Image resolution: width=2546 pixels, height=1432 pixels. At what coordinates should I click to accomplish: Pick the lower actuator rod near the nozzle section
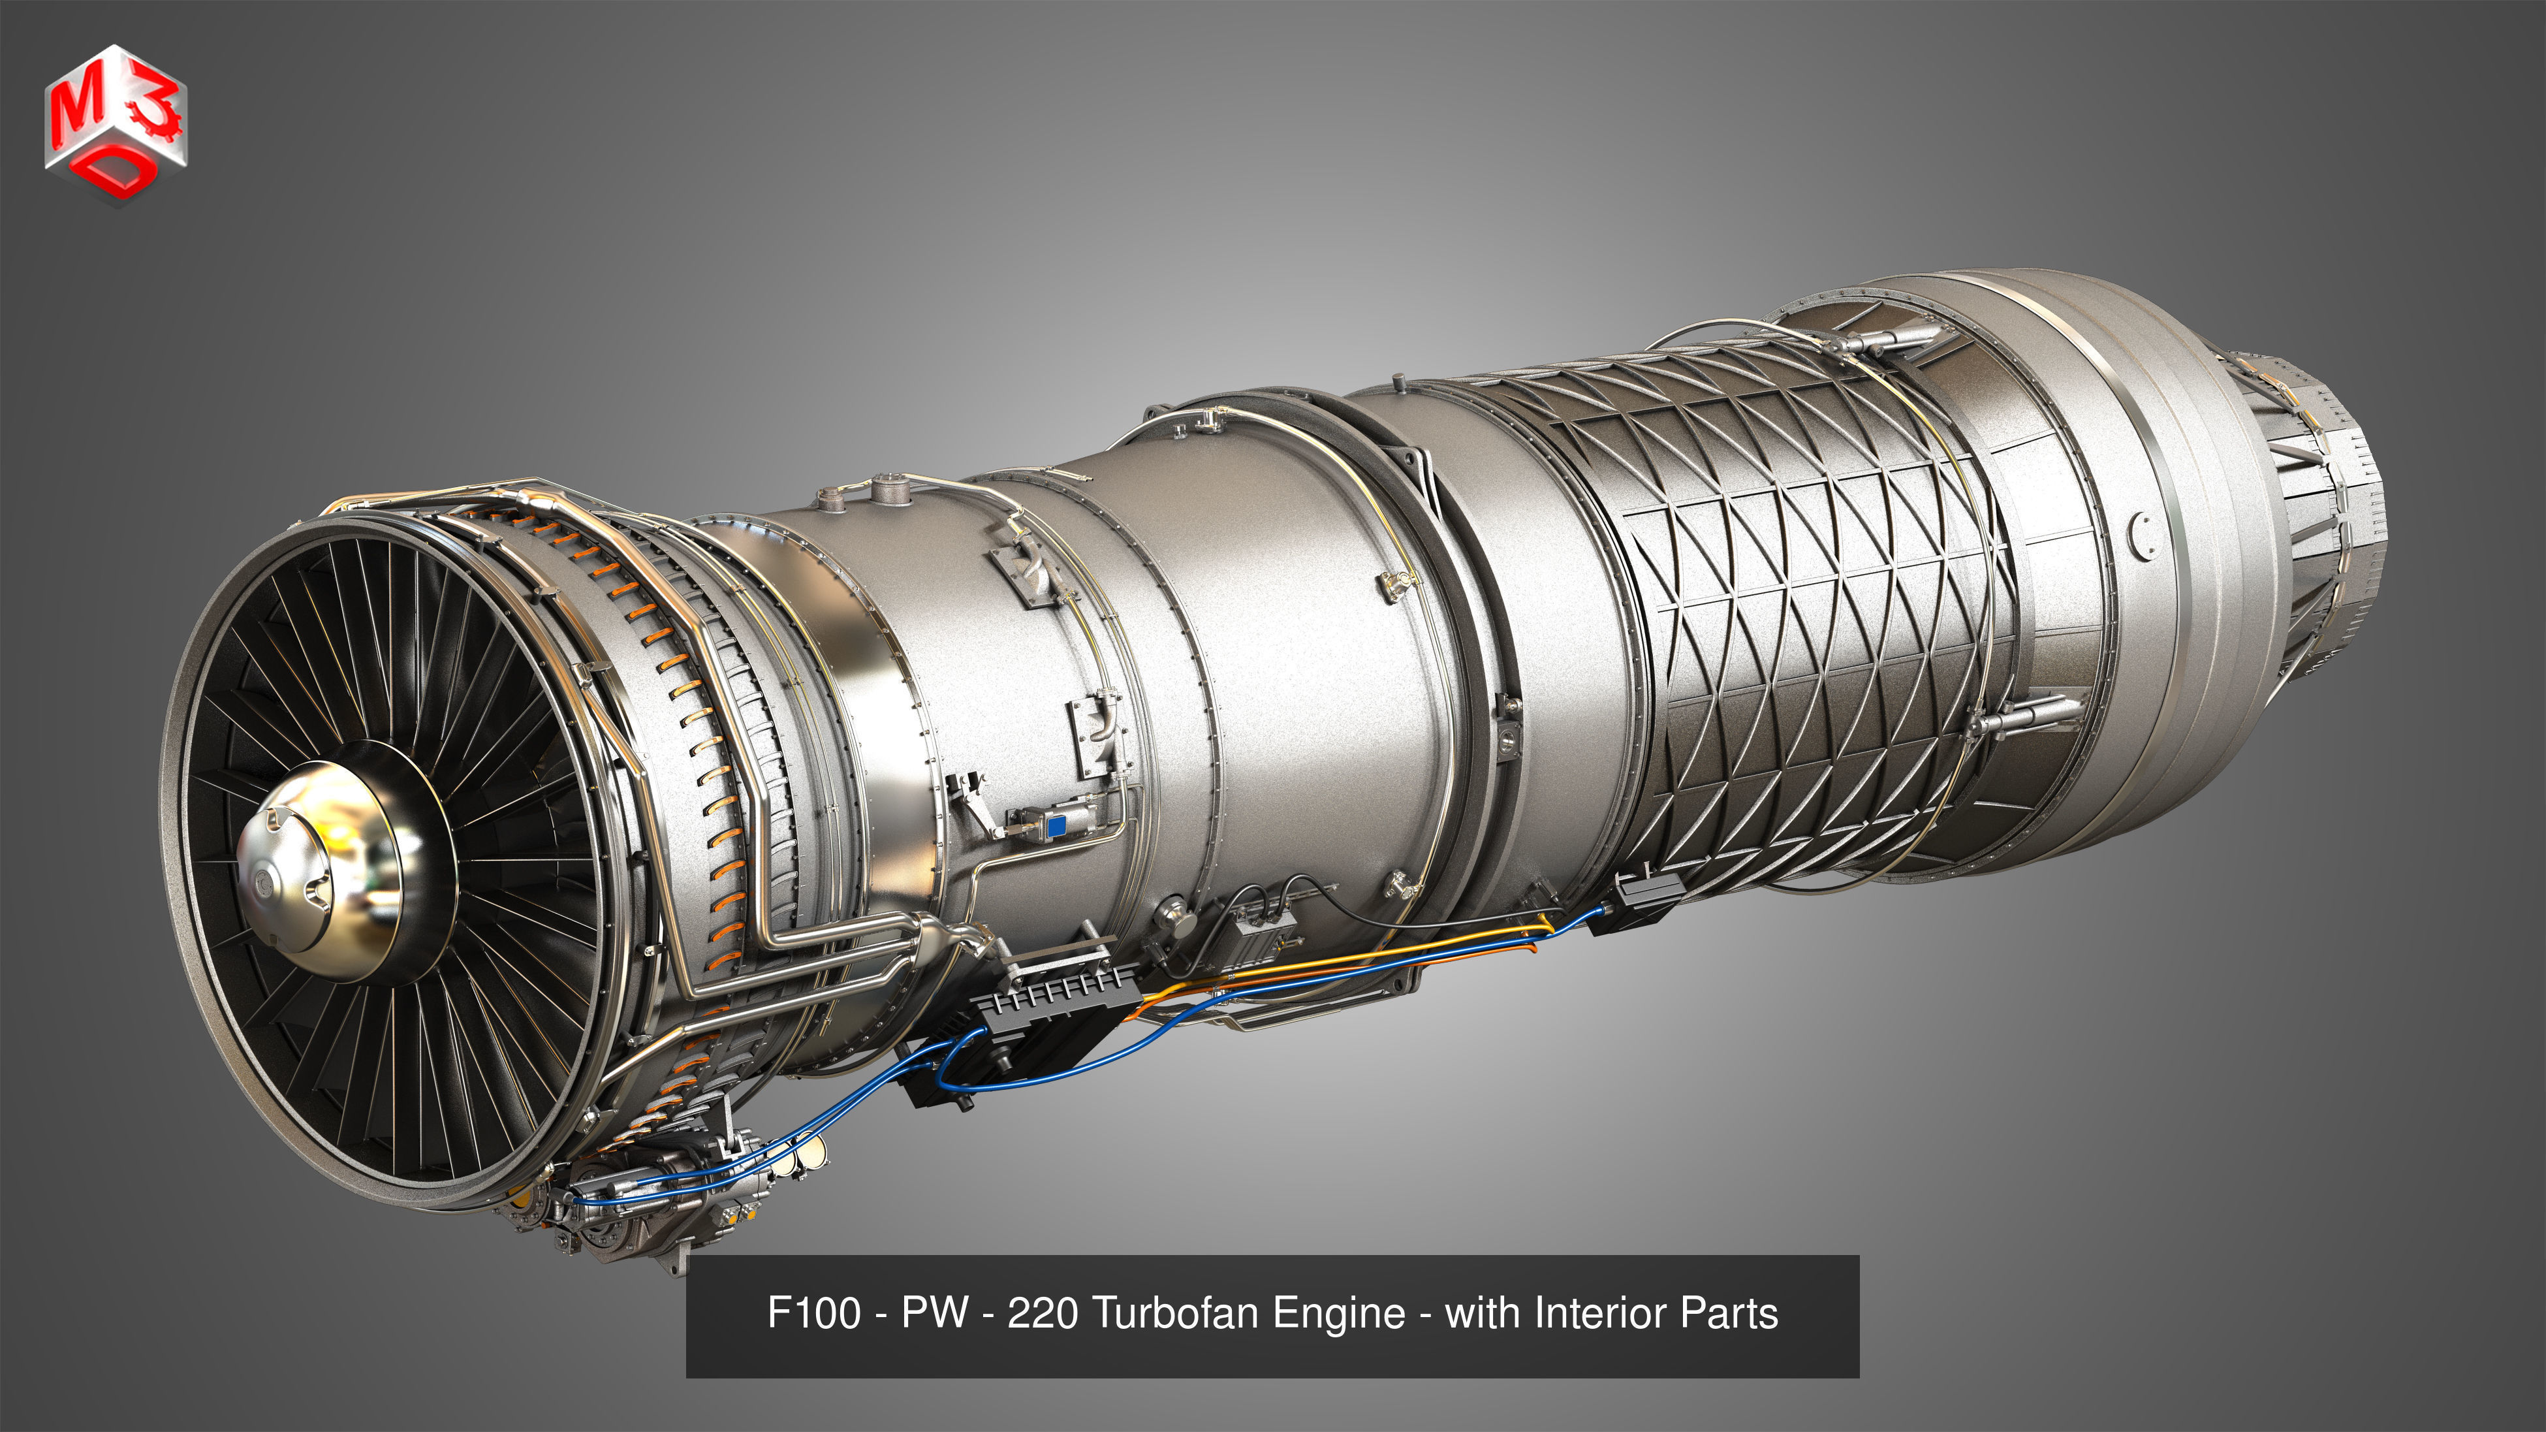[2021, 716]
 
